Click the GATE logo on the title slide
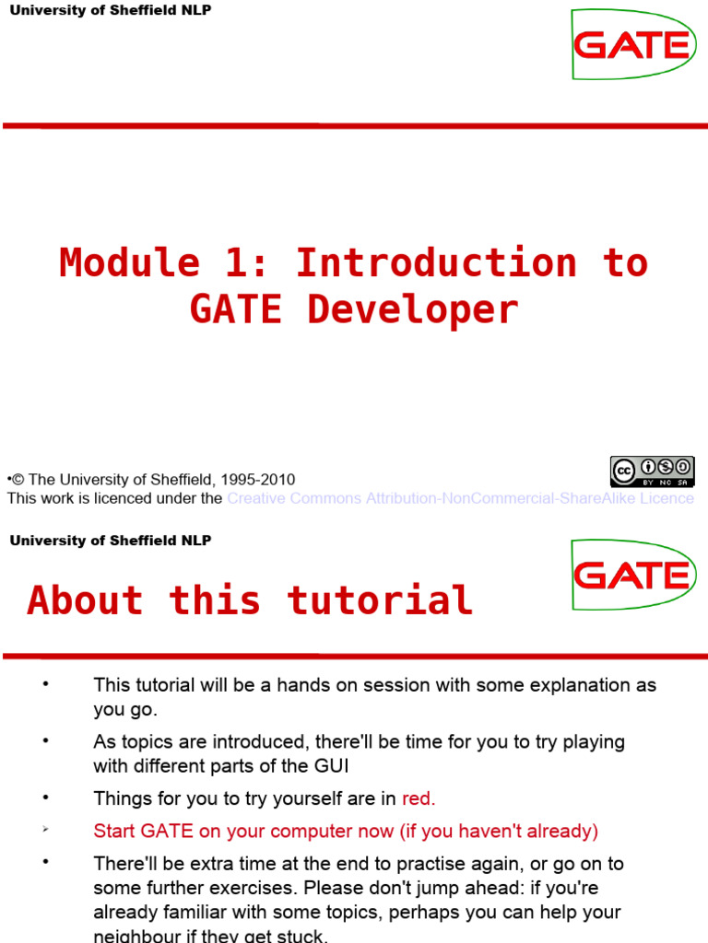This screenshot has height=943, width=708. coord(632,44)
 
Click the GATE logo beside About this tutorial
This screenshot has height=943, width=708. coord(632,575)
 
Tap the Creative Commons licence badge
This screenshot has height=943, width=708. coord(652,471)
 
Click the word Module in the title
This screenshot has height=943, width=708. coord(129,263)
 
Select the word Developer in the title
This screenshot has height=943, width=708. coord(412,310)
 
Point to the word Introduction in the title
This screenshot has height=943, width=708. coord(435,263)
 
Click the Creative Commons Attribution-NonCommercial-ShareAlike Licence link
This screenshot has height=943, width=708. coord(460,498)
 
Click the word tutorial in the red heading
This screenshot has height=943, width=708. coord(380,600)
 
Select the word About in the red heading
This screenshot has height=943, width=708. coord(85,600)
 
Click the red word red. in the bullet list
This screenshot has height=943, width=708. coord(419,798)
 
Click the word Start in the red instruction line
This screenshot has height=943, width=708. coord(114,832)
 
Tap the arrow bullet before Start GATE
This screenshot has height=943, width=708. coord(43,831)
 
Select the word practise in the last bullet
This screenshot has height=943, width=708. coord(458,864)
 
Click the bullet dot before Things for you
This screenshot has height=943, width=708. coord(43,797)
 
